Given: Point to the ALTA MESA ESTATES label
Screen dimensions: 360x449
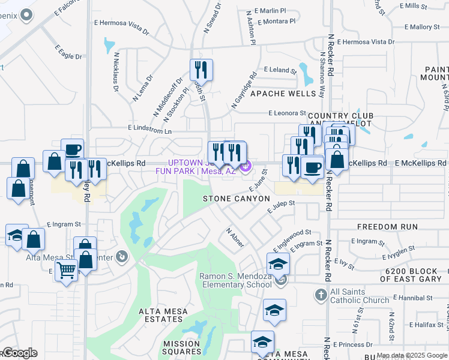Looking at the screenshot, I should (x=163, y=316).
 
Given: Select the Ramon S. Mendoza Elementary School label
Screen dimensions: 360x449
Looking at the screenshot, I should (x=235, y=280).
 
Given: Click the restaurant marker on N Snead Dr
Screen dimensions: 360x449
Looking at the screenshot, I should (x=201, y=70).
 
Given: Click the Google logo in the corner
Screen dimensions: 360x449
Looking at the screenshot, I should (x=19, y=353).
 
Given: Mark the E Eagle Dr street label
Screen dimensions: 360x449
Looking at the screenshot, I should (x=68, y=52).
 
